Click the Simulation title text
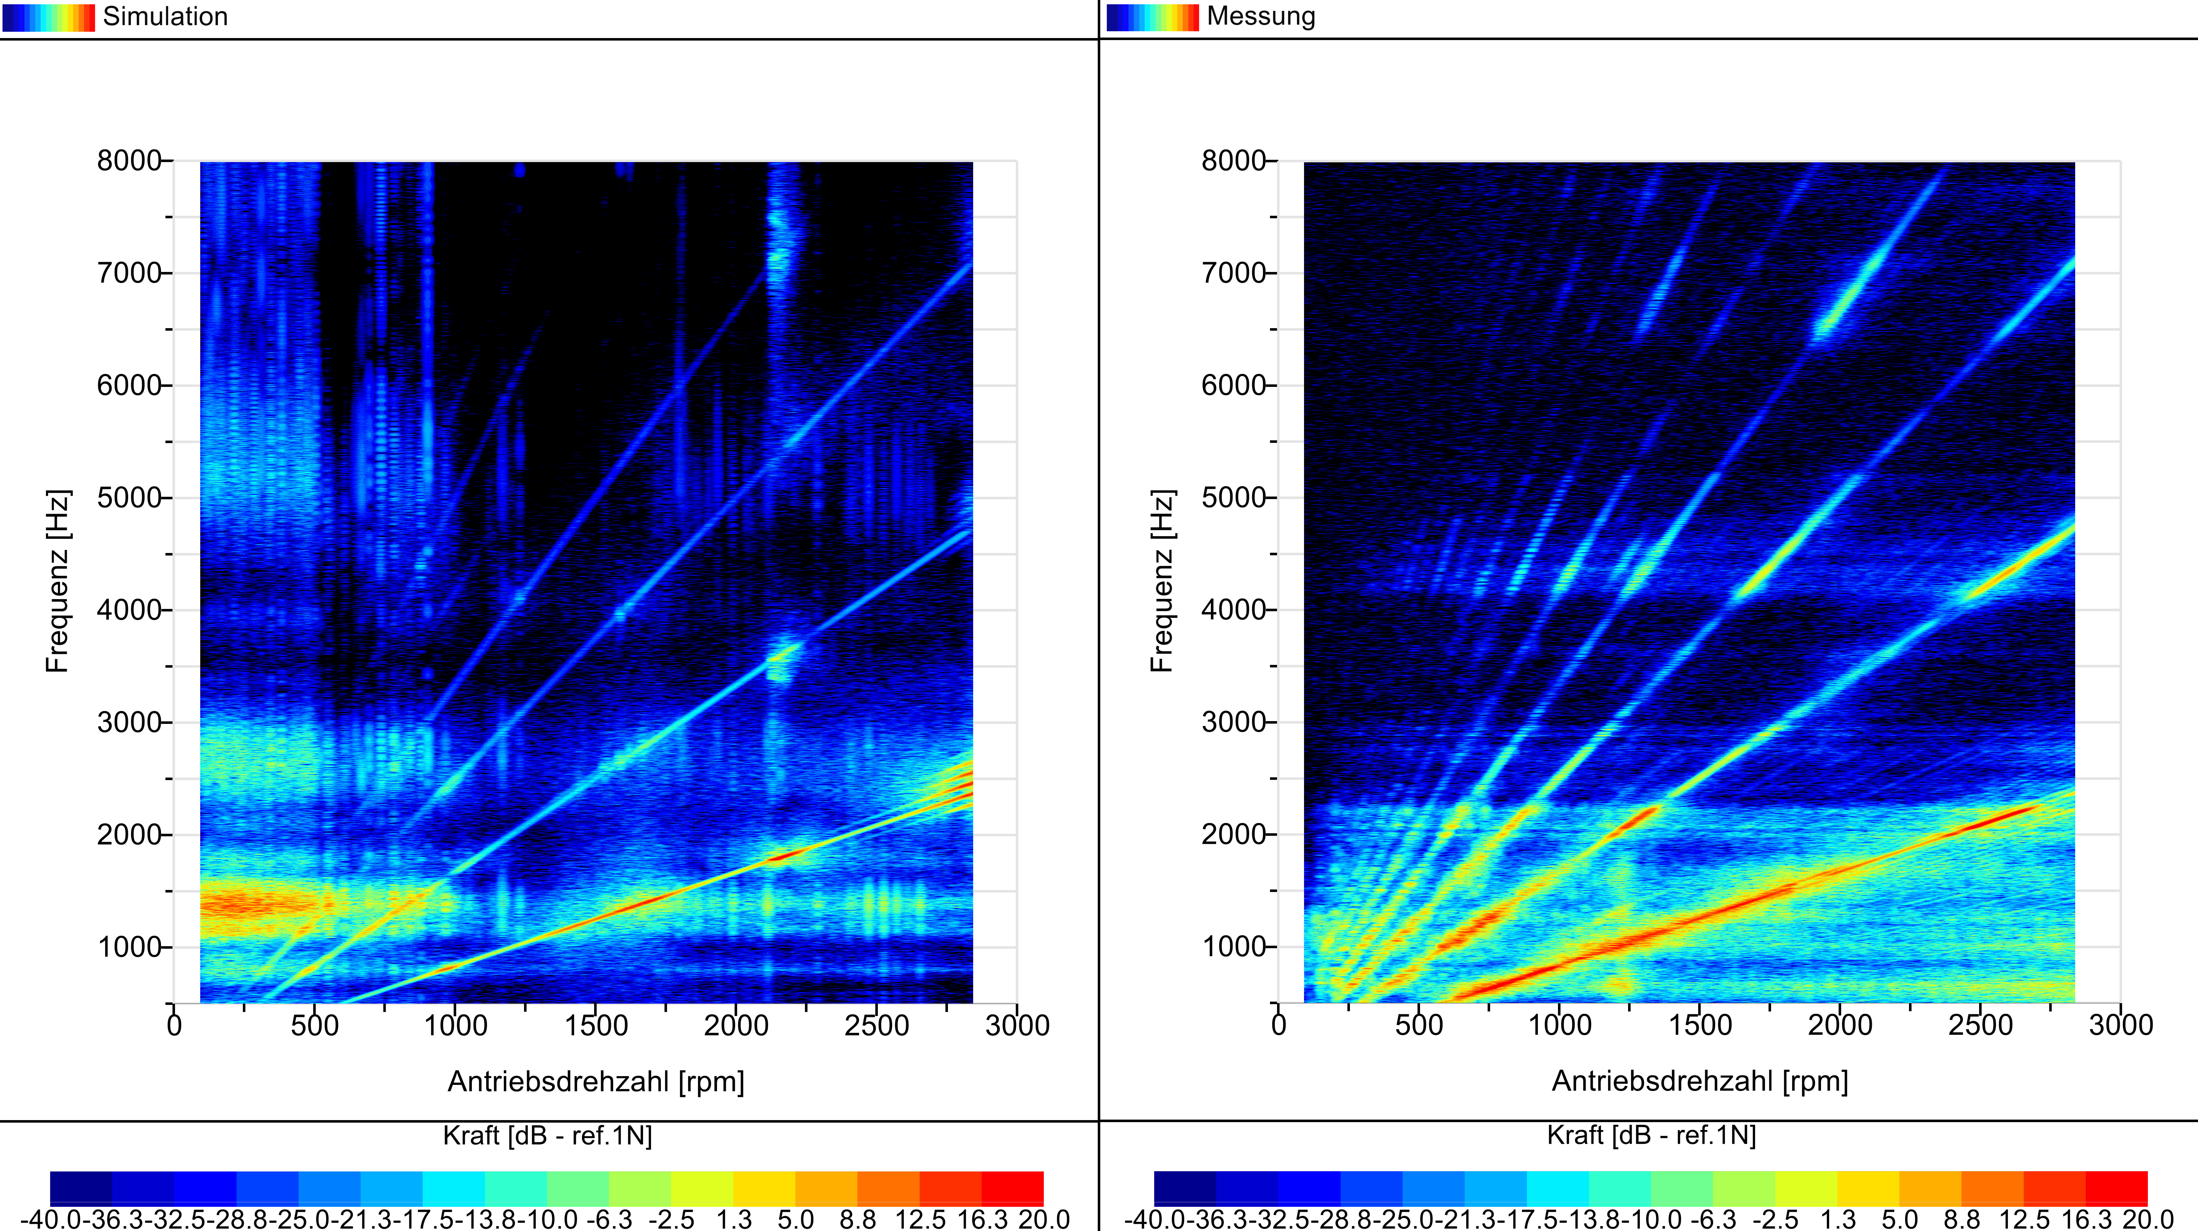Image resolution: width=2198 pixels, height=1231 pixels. click(x=165, y=16)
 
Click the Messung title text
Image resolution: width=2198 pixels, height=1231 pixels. click(x=1261, y=16)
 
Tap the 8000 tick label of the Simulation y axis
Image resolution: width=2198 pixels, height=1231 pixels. click(x=129, y=160)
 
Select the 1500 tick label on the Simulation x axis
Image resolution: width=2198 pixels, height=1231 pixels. click(x=596, y=1025)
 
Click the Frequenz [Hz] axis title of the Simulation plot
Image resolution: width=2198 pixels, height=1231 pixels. click(x=57, y=581)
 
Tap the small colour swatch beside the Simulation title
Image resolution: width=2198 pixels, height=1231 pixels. click(x=49, y=17)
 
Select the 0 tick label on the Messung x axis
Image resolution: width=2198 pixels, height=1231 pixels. click(x=1278, y=1025)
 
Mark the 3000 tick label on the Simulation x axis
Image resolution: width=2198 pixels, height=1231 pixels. click(x=1017, y=1025)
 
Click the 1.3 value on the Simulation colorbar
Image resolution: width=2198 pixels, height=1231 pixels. click(x=734, y=1218)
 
